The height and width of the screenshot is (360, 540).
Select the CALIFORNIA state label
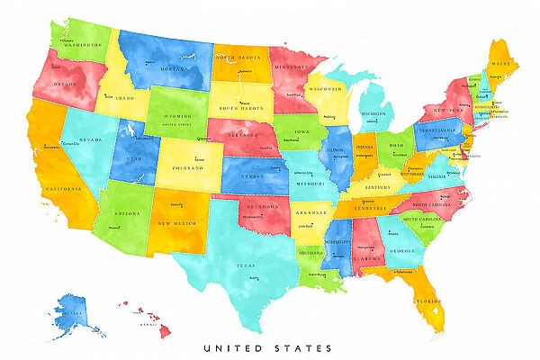[64, 190]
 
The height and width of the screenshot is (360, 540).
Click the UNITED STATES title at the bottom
[267, 347]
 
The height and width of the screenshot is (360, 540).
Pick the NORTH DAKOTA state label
[239, 57]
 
